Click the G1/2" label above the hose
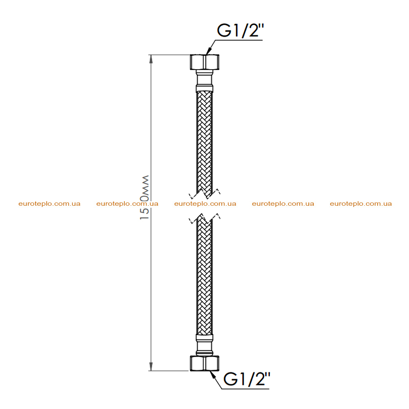(x=240, y=31)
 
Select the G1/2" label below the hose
(x=247, y=379)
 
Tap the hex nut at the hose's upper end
(x=204, y=62)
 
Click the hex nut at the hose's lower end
(x=204, y=363)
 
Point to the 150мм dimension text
(x=144, y=198)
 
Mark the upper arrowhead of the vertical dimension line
(x=151, y=59)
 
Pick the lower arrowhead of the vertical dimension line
(x=151, y=366)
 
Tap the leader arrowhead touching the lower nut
(x=213, y=375)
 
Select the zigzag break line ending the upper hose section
(x=204, y=194)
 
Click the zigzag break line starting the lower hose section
(x=204, y=218)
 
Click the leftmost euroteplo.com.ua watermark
(x=49, y=204)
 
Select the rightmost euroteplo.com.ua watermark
(x=361, y=204)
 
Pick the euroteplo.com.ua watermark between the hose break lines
(x=205, y=204)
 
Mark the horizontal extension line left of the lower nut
(x=169, y=371)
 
